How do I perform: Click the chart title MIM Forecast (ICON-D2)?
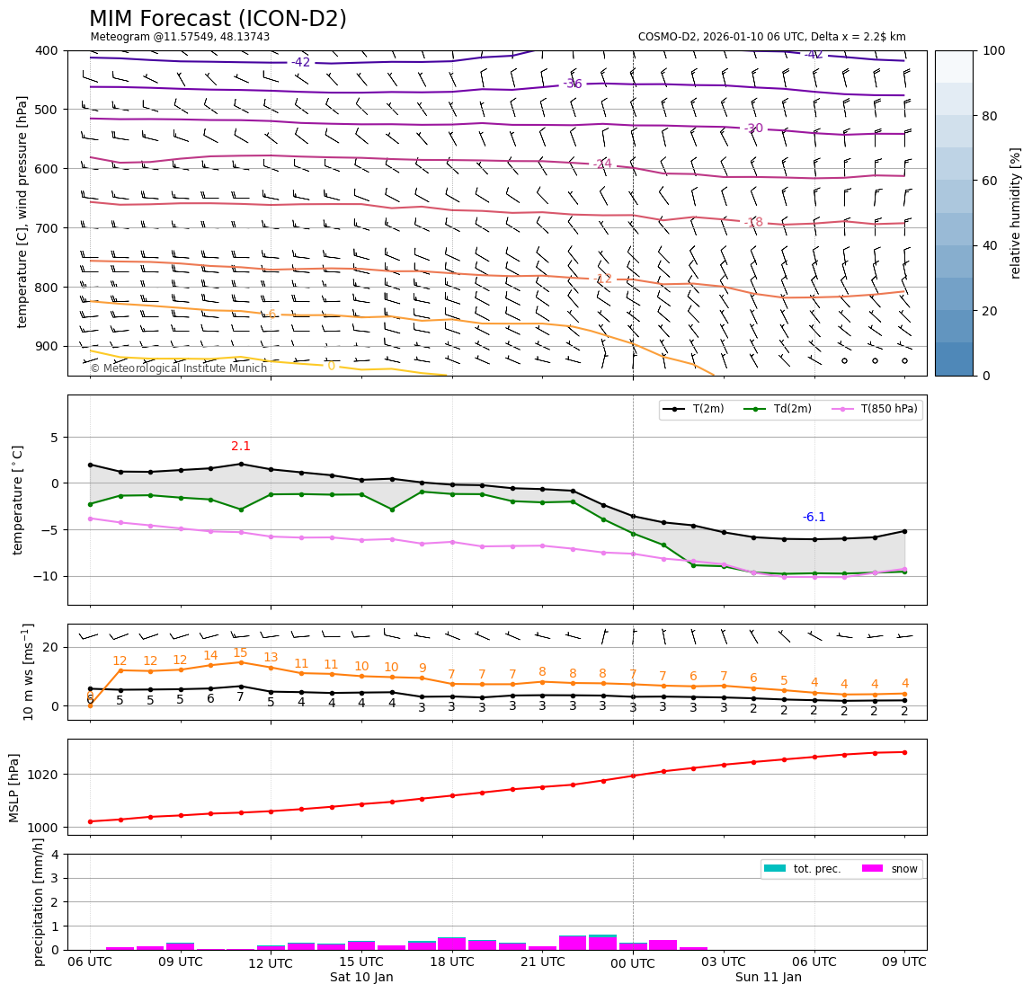[218, 19]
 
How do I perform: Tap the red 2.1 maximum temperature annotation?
[241, 447]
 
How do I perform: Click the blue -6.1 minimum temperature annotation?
[814, 518]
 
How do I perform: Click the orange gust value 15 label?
[240, 653]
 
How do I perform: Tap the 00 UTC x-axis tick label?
[633, 963]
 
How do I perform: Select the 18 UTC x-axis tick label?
[452, 962]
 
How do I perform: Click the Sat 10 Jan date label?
[361, 978]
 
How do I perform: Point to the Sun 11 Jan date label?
[769, 978]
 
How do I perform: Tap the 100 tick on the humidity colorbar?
[993, 51]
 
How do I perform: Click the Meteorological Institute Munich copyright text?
[179, 368]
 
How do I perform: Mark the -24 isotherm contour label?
[603, 164]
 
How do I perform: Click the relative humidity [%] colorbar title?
[1017, 213]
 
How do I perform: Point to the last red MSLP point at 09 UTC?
[904, 752]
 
